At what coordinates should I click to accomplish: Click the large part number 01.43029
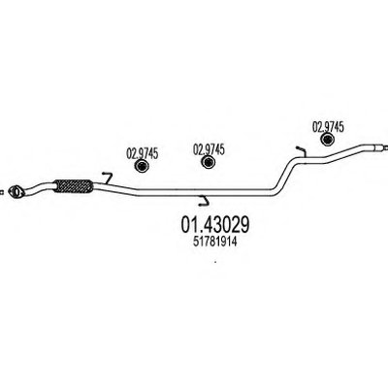[215, 225]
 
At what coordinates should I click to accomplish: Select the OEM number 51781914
[215, 242]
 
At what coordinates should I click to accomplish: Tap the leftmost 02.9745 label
[142, 153]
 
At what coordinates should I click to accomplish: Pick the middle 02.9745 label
[209, 149]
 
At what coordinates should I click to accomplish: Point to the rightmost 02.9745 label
[328, 127]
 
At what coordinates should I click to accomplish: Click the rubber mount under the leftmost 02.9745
[142, 166]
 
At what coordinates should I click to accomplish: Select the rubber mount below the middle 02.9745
[209, 162]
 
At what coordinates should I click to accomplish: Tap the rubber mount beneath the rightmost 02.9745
[327, 140]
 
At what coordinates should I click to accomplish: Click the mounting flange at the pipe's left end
[16, 191]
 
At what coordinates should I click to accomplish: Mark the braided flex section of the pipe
[73, 187]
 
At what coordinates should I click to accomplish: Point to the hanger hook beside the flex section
[108, 178]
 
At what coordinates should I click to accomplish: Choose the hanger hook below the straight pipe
[204, 201]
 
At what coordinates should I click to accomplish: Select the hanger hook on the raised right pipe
[302, 151]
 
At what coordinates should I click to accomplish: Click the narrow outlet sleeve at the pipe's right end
[377, 147]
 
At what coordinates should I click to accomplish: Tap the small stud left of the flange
[2, 192]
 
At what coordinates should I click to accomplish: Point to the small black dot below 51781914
[215, 262]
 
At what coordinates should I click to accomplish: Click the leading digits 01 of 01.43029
[189, 225]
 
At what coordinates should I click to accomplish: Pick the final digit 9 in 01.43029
[244, 225]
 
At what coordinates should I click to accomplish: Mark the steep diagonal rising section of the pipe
[283, 175]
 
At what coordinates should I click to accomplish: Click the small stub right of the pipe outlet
[386, 147]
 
